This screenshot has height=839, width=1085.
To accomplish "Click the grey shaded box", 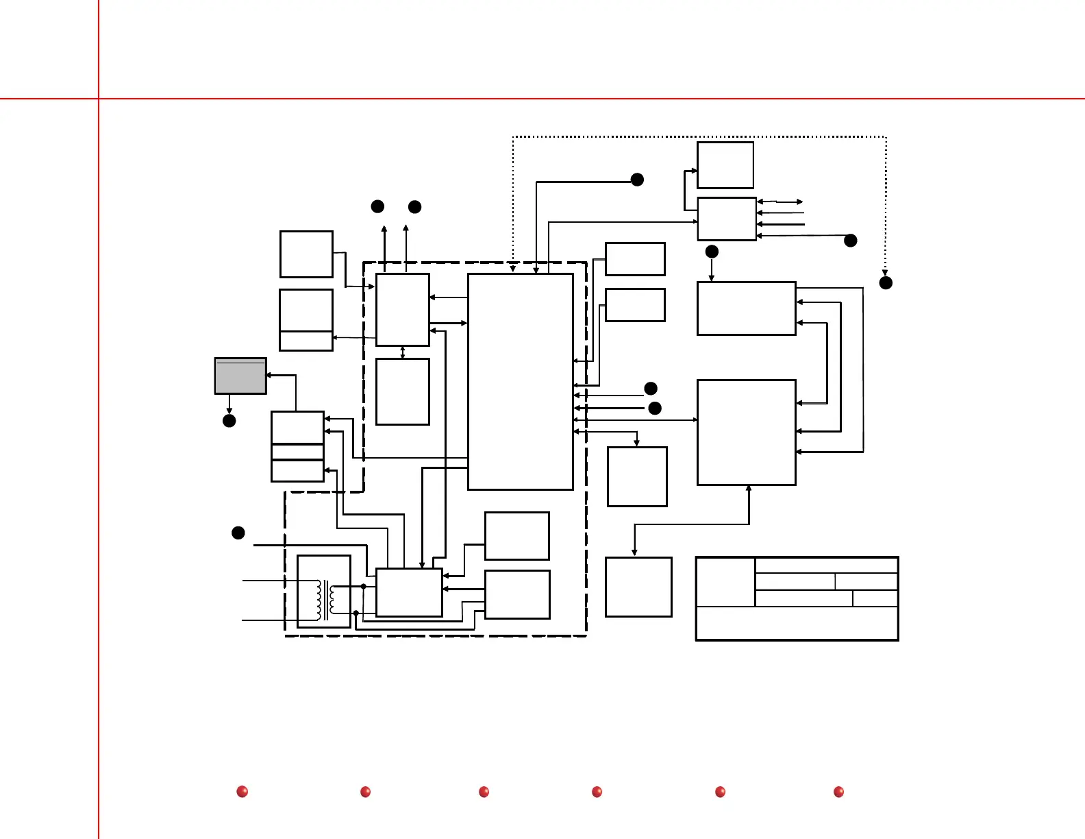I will coord(240,376).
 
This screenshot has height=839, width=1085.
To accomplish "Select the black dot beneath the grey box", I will coord(229,420).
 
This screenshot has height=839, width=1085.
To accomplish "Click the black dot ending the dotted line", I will coord(886,282).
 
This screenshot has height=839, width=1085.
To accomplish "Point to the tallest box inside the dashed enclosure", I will coord(521,381).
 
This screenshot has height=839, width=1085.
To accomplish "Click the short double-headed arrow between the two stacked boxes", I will coord(403,352).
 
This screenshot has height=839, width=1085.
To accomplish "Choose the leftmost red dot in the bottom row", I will coord(242,792).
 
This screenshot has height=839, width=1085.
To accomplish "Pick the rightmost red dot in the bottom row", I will coord(838,792).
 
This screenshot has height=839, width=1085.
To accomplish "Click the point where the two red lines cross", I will coord(99,99).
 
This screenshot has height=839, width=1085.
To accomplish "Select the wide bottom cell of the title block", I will coord(797,623).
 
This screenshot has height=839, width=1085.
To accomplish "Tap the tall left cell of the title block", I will coord(725,582).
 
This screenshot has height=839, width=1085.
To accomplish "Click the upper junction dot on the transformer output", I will coord(363,587).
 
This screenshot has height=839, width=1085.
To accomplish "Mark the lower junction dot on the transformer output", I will coord(356,613).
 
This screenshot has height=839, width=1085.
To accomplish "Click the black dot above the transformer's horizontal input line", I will coord(238,533).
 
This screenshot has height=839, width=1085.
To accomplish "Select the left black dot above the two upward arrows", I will coord(377,206).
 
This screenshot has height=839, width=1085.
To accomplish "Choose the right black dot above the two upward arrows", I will coord(414,207).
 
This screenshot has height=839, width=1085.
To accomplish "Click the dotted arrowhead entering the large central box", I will coord(512,268).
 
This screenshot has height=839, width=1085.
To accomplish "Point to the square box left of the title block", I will coord(638,587).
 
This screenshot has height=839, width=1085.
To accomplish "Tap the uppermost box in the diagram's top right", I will coord(725,165).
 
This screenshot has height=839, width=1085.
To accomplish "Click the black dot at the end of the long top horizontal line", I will coord(637,180).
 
